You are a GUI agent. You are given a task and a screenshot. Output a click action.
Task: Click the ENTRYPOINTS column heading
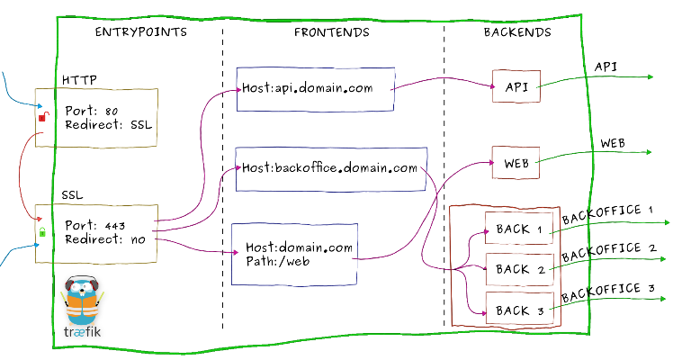coord(141,32)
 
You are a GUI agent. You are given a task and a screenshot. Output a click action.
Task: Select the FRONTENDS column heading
coord(331,32)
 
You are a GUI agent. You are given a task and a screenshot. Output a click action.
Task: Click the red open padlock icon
coord(41,116)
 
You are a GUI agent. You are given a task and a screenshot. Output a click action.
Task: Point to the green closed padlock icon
coord(41,233)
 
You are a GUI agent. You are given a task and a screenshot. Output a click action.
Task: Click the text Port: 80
coord(93,111)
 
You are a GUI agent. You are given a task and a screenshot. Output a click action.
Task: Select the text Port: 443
coord(96,224)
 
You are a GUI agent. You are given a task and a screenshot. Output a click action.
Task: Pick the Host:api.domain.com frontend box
coord(316,88)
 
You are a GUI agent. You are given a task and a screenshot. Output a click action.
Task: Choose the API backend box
coord(516,86)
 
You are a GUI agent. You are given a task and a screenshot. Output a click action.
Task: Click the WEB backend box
coord(516,165)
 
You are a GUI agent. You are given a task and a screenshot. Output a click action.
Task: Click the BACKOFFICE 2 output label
coord(607,252)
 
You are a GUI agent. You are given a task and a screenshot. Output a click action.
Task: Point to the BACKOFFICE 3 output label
coord(607,292)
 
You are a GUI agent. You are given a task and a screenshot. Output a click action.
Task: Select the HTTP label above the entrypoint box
coord(79,80)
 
